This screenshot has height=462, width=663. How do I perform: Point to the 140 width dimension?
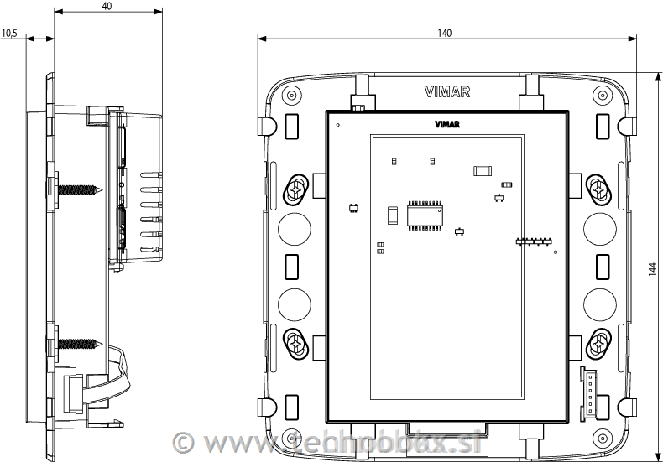coord(445,33)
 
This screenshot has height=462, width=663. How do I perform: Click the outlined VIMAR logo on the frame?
coord(446,91)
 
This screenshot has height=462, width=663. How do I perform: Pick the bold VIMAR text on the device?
coord(446,125)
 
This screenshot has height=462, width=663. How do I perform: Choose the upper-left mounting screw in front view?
coord(296,189)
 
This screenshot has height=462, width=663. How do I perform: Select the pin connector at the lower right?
coord(588,392)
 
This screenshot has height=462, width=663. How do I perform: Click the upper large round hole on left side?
coord(293,227)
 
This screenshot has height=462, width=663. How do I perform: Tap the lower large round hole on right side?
coord(601,303)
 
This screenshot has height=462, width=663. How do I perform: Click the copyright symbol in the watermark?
coord(183,441)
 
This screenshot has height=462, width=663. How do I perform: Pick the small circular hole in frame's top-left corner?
coord(290,93)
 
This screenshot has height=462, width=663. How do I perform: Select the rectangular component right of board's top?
coord(482,170)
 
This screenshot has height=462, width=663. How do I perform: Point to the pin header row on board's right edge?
coord(534,242)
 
